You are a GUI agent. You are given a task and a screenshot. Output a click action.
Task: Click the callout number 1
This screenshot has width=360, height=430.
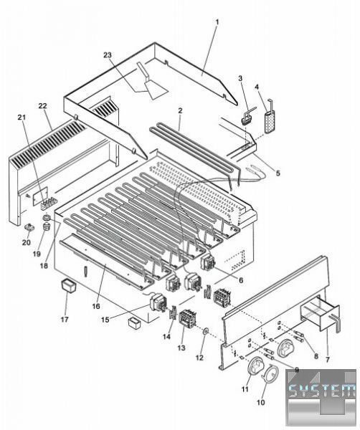coord(217,22)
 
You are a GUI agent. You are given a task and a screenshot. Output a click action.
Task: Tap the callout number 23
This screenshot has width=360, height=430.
coord(108,55)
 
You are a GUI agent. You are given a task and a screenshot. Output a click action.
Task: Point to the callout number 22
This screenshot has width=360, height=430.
coord(43,106)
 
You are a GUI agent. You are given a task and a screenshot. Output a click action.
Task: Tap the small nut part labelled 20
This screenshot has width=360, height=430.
coord(29,227)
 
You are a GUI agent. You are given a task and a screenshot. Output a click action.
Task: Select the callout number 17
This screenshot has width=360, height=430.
coord(65,319)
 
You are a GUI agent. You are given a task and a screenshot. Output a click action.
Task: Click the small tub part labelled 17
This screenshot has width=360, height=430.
coord(68,286)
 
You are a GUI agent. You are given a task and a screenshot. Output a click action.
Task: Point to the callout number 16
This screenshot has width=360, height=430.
coord(96,306)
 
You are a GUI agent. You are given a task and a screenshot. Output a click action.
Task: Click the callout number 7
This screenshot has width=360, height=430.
coord(327,359)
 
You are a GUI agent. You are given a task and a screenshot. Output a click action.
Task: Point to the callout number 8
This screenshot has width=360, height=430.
coord(316,356)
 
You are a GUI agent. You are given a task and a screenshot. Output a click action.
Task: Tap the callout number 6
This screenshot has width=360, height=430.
coord(241,280)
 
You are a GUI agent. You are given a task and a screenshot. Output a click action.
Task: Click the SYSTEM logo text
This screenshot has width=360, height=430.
coord(321,391)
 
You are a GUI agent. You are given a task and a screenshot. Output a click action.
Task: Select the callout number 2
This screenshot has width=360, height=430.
coord(180,111)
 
